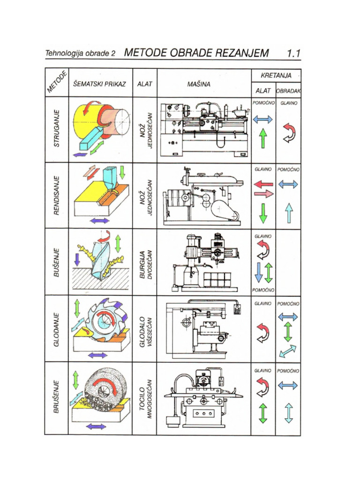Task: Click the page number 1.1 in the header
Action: [x=293, y=53]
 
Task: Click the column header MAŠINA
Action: [x=199, y=85]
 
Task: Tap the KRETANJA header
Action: [x=276, y=75]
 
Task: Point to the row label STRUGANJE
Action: [x=57, y=129]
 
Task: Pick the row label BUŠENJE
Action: [x=57, y=262]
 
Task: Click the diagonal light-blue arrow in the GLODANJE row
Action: [x=288, y=351]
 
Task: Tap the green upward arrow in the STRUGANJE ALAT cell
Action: [x=263, y=139]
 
